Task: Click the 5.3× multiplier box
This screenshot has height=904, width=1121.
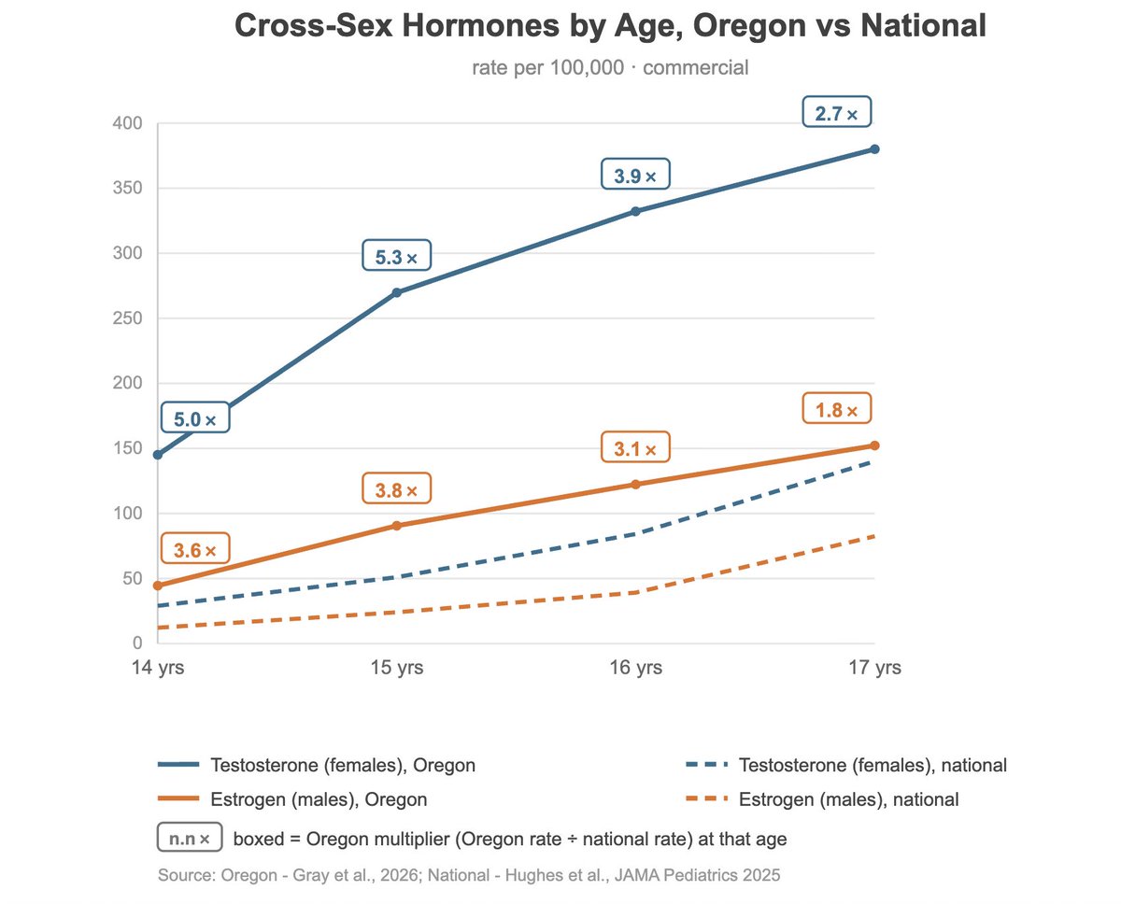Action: [x=396, y=255]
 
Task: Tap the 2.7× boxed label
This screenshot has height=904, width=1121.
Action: [x=836, y=111]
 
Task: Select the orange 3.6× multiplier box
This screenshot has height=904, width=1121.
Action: [x=195, y=548]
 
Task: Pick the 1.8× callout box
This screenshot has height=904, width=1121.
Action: [x=836, y=408]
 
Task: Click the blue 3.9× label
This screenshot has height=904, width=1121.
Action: [x=635, y=174]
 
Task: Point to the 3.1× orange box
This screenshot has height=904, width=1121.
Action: [x=635, y=446]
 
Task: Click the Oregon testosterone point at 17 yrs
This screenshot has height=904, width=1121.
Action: [x=874, y=149]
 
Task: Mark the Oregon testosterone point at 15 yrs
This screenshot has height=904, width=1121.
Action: [x=396, y=292]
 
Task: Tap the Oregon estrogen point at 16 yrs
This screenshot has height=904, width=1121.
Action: [x=635, y=485]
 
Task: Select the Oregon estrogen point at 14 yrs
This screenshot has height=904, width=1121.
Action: [x=158, y=586]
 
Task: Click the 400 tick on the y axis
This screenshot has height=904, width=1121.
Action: [x=127, y=123]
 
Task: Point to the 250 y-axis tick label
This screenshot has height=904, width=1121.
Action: [x=127, y=318]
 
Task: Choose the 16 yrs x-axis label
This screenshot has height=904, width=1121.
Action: [x=635, y=668]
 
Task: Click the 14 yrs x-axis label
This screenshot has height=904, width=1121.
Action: [x=158, y=668]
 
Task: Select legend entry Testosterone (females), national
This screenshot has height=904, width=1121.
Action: [x=846, y=765]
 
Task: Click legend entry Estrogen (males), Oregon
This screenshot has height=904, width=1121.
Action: [x=292, y=799]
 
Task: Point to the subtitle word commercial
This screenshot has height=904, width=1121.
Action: [x=695, y=67]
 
